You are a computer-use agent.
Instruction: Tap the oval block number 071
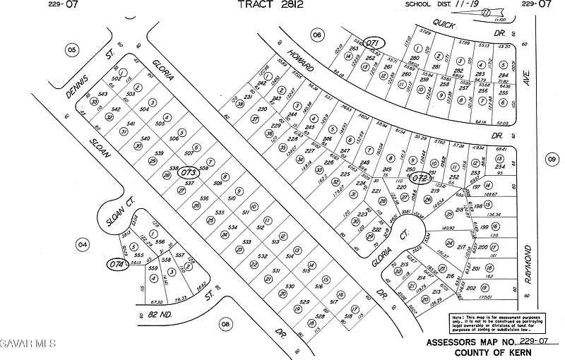pyautogui.click(x=374, y=44)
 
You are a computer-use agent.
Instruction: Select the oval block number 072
pyautogui.click(x=420, y=179)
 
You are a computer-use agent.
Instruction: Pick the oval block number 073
pyautogui.click(x=189, y=171)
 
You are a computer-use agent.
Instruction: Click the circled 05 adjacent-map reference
pyautogui.click(x=71, y=49)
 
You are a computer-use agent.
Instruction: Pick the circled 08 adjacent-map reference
pyautogui.click(x=225, y=324)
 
